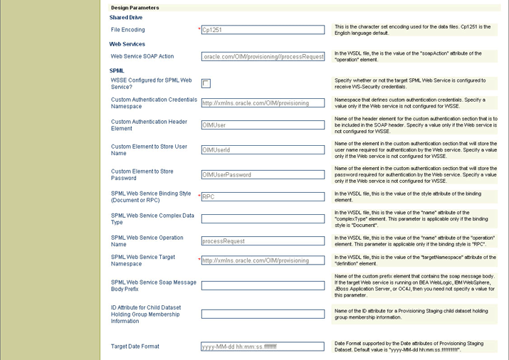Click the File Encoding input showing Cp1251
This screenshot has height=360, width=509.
[263, 30]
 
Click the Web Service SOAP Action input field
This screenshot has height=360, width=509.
[263, 56]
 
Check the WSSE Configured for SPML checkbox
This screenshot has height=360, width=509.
[206, 83]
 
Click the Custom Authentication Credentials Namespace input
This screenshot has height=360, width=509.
[263, 103]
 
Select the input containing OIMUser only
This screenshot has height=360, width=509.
[263, 125]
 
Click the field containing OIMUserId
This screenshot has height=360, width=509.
[263, 150]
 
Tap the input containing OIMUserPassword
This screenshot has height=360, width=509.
[263, 175]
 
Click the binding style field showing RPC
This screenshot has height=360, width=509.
[263, 197]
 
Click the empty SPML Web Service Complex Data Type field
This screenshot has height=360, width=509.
[263, 219]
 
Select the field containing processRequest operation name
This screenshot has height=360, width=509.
[263, 241]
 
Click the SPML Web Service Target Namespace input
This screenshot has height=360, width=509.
[263, 260]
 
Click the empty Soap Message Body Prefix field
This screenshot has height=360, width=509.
[263, 285]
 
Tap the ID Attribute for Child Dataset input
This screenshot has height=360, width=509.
[263, 314]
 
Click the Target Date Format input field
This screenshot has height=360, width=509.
[263, 346]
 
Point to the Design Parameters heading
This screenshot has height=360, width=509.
[135, 8]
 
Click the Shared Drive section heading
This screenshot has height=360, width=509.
[125, 18]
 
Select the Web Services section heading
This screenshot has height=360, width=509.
[127, 44]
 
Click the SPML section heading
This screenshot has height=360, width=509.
[117, 70]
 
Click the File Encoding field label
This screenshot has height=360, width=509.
[128, 30]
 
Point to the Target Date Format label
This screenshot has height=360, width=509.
[135, 346]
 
